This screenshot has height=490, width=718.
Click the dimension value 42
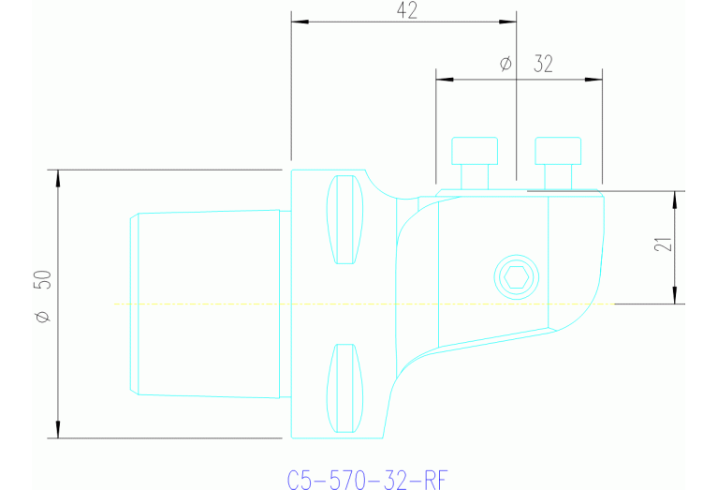(406, 10)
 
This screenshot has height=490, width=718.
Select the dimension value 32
(543, 64)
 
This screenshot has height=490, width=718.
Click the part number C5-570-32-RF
(366, 479)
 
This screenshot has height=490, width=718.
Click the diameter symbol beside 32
(506, 64)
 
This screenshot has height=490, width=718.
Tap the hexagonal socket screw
(516, 277)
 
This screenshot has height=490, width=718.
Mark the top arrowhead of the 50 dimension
(58, 177)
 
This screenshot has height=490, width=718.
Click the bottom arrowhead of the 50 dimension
(58, 430)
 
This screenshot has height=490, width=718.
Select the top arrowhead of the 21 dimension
(675, 198)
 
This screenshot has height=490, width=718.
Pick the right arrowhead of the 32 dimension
(594, 79)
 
